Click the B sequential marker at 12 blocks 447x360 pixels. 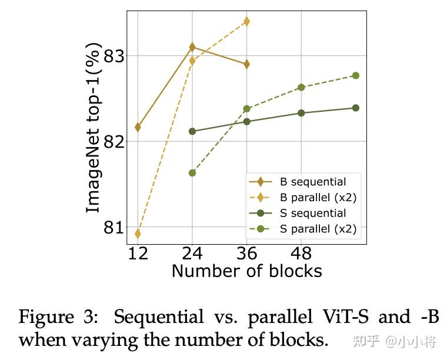(138, 127)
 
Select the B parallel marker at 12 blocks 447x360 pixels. (138, 234)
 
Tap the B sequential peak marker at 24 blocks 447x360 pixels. (192, 46)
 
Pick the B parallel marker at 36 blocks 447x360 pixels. (246, 21)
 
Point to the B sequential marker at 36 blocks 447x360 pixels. (246, 64)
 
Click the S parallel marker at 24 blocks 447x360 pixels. (192, 173)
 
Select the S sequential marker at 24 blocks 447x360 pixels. (192, 131)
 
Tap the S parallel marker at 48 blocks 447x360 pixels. (301, 87)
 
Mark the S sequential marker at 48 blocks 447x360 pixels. (301, 113)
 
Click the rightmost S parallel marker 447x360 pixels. (355, 75)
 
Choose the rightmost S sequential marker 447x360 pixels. (355, 108)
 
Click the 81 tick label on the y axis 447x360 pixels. (116, 228)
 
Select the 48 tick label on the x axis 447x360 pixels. (301, 254)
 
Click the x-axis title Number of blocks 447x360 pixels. (246, 271)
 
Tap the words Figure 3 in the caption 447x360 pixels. (59, 318)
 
